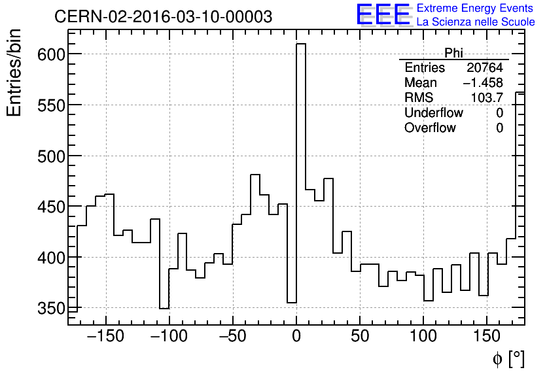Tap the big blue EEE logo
pyautogui.click(x=383, y=15)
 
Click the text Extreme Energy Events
pyautogui.click(x=475, y=8)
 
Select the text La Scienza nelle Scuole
pyautogui.click(x=475, y=22)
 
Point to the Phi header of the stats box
pyautogui.click(x=453, y=53)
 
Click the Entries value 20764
pyautogui.click(x=484, y=68)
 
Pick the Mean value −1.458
pyautogui.click(x=483, y=83)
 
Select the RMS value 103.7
pyautogui.click(x=487, y=98)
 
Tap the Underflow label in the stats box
pyautogui.click(x=433, y=113)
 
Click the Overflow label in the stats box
pyautogui.click(x=430, y=128)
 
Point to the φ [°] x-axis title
pyautogui.click(x=508, y=358)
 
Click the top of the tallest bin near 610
pyautogui.click(x=301, y=44)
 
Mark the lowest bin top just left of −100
pyautogui.click(x=164, y=308)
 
